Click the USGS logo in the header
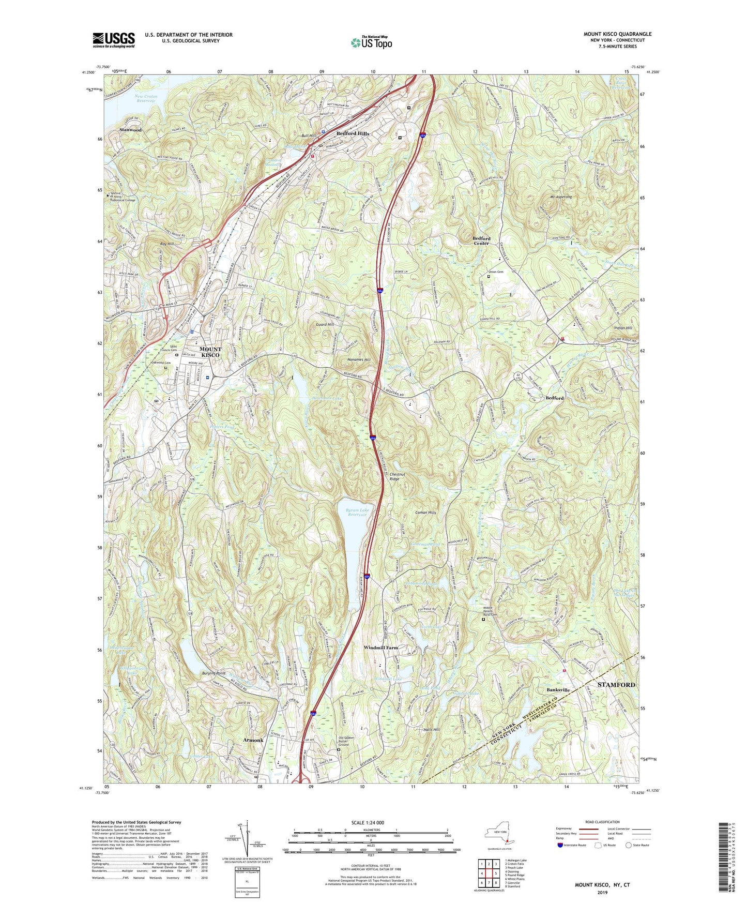(x=114, y=40)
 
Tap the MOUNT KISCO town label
(x=210, y=352)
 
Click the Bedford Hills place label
(x=353, y=133)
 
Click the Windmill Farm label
(x=381, y=648)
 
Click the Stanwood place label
(x=130, y=130)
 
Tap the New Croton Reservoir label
(x=146, y=98)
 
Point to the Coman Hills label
(x=425, y=513)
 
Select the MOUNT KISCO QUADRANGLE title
(x=617, y=34)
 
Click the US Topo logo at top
(x=371, y=42)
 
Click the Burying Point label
(x=213, y=673)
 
